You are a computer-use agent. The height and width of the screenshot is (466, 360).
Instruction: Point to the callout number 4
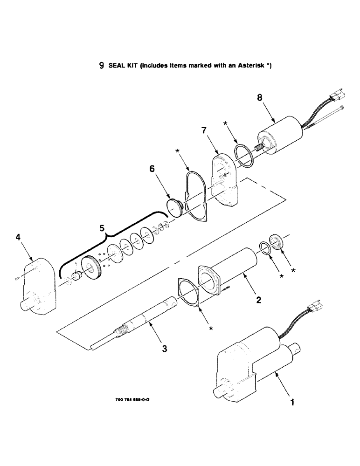point(18,238)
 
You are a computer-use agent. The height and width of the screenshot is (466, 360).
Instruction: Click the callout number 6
point(152,170)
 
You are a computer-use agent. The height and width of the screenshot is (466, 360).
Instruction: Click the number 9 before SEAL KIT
point(101,66)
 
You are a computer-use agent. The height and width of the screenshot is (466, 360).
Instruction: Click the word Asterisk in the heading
point(252,66)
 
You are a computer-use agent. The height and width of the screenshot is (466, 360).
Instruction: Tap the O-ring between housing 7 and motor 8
point(243,153)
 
